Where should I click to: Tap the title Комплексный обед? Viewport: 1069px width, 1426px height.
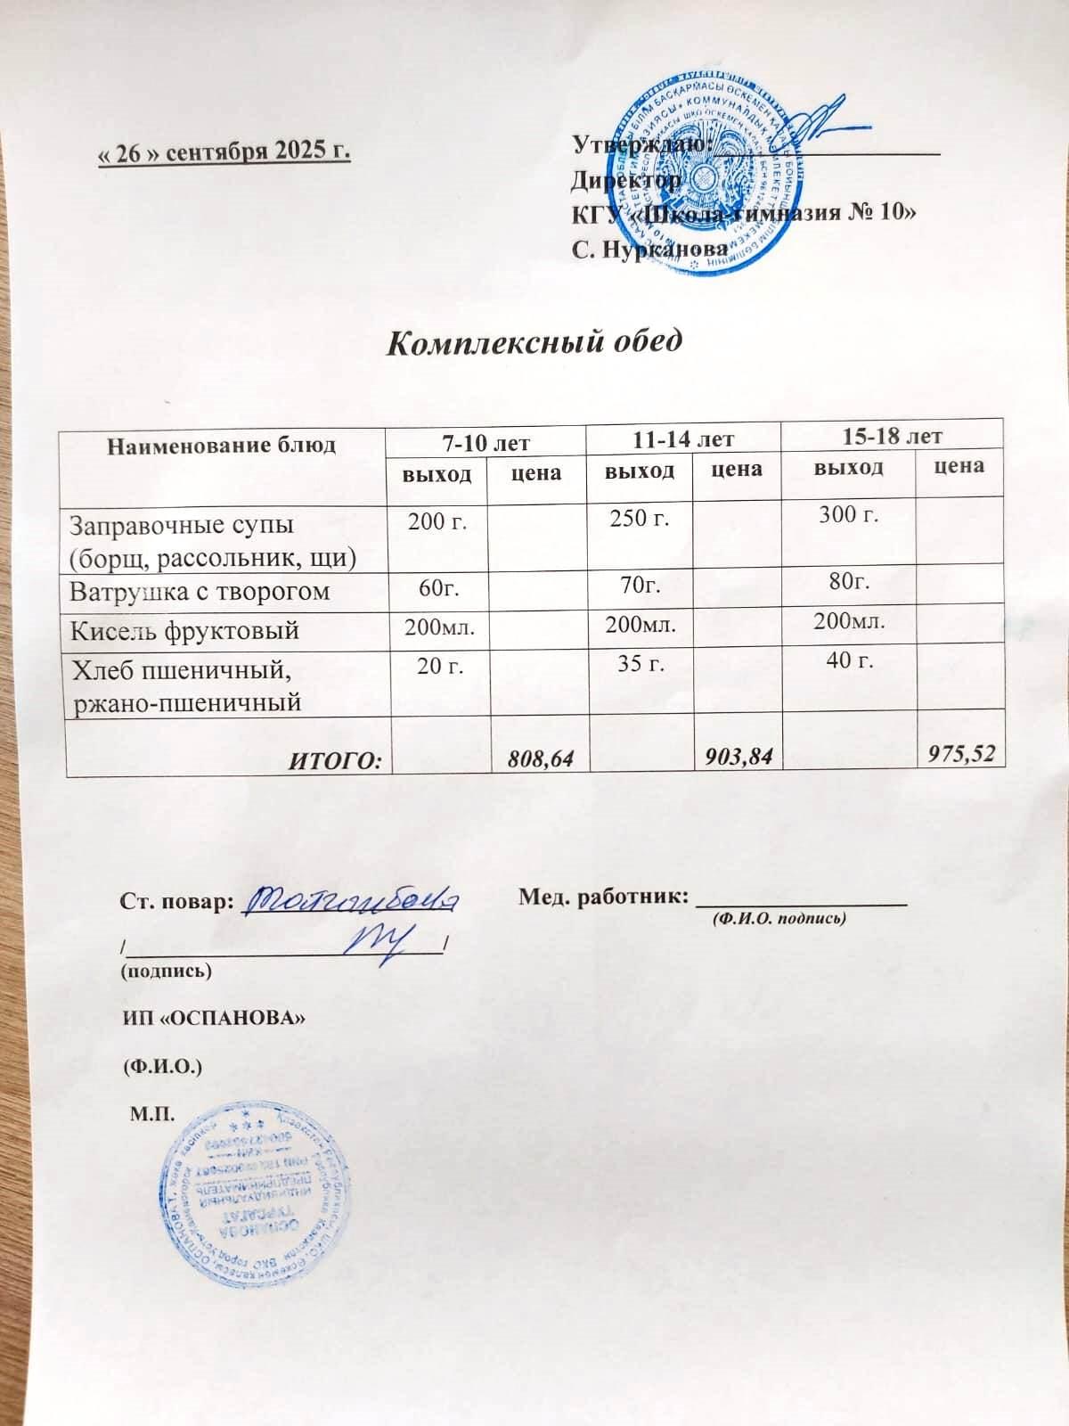[535, 341]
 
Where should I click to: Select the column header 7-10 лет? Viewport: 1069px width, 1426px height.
[486, 441]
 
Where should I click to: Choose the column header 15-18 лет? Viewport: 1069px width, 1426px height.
[891, 436]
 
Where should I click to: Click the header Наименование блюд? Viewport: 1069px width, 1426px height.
[222, 445]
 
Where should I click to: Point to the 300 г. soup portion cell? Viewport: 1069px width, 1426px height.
[849, 513]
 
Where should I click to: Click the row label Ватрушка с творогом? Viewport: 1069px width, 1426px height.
[200, 591]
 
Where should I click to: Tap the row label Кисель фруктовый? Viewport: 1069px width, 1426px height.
[184, 630]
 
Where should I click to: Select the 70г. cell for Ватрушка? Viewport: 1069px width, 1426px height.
[640, 585]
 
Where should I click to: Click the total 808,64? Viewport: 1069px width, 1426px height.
[539, 758]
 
